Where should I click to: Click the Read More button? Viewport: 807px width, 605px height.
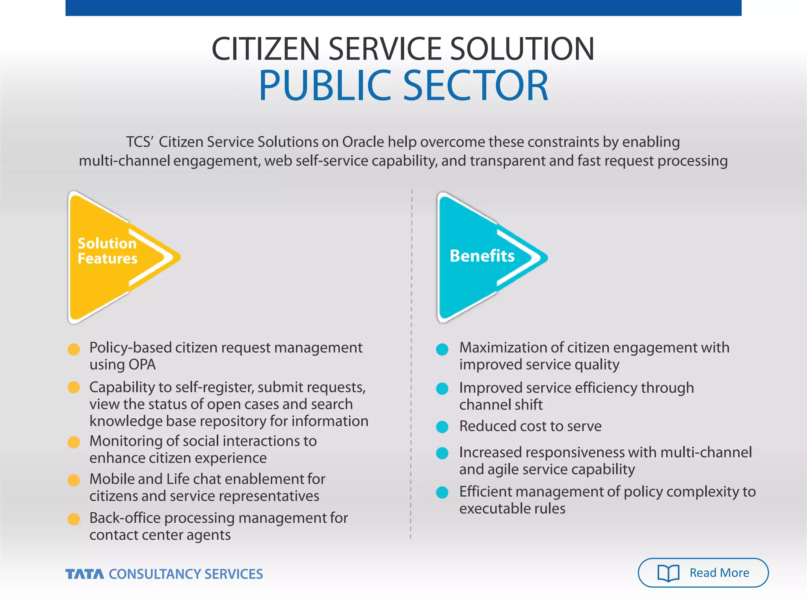click(x=703, y=573)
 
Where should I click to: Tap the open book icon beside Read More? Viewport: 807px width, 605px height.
click(x=668, y=573)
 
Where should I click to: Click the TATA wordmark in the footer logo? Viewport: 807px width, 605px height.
click(x=85, y=574)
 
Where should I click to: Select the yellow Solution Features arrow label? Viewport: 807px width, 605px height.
click(x=107, y=251)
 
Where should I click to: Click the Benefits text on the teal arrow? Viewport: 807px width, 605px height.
click(x=482, y=256)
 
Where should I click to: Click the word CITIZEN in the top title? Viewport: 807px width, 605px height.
click(x=265, y=49)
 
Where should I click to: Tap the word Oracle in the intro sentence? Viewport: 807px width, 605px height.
click(x=363, y=142)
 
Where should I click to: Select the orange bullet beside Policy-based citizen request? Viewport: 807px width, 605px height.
click(x=74, y=349)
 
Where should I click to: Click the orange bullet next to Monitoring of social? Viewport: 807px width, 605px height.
click(x=74, y=442)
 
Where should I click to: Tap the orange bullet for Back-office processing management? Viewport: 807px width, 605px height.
click(x=74, y=519)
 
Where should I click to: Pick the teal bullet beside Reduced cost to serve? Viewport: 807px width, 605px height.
click(x=442, y=427)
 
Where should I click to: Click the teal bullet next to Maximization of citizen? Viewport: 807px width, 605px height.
click(x=442, y=349)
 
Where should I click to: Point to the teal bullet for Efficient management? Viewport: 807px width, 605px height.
click(x=442, y=492)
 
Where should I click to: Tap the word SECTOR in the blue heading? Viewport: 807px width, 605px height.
click(x=475, y=85)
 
